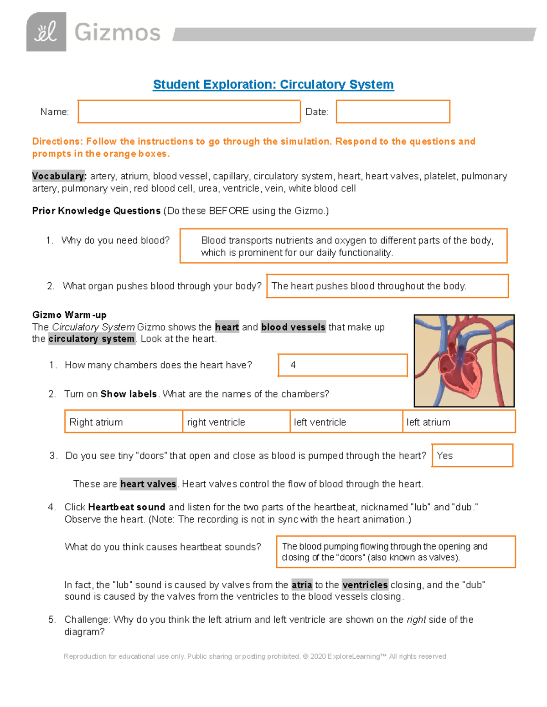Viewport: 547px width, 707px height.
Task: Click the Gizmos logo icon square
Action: pyautogui.click(x=46, y=32)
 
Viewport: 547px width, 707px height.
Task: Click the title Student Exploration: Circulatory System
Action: pyautogui.click(x=273, y=85)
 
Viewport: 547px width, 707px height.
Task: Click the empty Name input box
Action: pyautogui.click(x=189, y=112)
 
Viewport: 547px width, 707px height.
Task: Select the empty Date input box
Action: pyautogui.click(x=393, y=112)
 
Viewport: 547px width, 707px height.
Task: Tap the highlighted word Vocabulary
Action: pyautogui.click(x=59, y=176)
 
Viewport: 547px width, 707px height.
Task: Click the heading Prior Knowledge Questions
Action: pyautogui.click(x=96, y=211)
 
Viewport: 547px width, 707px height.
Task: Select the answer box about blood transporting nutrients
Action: pyautogui.click(x=343, y=246)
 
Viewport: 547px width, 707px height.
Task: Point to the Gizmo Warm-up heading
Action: pyautogui.click(x=69, y=315)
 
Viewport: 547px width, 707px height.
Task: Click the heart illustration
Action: pyautogui.click(x=464, y=361)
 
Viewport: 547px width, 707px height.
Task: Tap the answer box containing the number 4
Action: pyautogui.click(x=342, y=365)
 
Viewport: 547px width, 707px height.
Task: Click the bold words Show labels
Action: pyautogui.click(x=129, y=394)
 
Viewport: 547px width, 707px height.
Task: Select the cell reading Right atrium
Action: pyautogui.click(x=124, y=422)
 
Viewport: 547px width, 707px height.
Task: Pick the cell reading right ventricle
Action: pyautogui.click(x=236, y=422)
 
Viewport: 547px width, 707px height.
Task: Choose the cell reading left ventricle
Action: pyautogui.click(x=346, y=422)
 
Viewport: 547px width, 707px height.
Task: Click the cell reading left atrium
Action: pyautogui.click(x=459, y=422)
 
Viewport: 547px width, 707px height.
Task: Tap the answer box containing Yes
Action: pyautogui.click(x=472, y=456)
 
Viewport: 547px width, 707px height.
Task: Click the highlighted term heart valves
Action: pyautogui.click(x=148, y=484)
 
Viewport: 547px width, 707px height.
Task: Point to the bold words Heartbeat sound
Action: pyautogui.click(x=126, y=507)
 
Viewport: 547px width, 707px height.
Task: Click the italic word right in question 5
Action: pyautogui.click(x=416, y=620)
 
